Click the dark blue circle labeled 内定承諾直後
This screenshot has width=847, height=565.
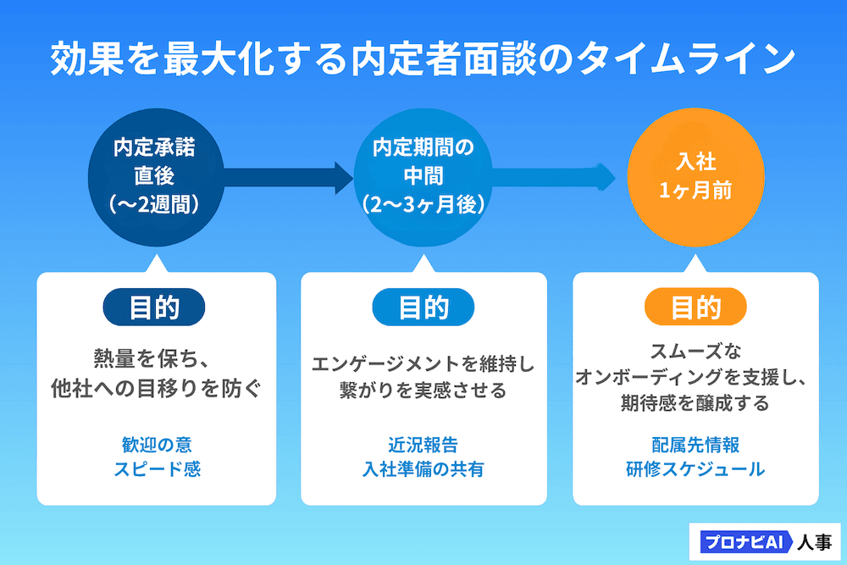click(155, 176)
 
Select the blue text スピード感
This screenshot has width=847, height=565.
click(157, 469)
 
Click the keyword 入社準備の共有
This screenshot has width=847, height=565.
click(423, 469)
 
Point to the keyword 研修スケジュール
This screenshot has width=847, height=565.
click(695, 469)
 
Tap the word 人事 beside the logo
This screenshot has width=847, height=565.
click(814, 541)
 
